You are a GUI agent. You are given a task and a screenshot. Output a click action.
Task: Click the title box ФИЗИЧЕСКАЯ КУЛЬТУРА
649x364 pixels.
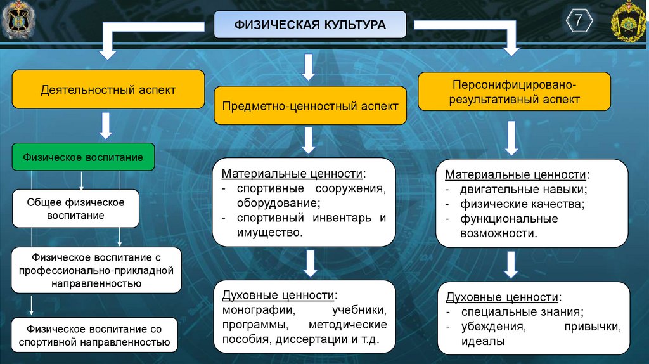(x=310, y=26)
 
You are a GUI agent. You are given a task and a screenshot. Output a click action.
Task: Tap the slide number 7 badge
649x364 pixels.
(x=579, y=22)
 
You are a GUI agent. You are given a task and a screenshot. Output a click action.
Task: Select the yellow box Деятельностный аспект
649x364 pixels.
(x=108, y=90)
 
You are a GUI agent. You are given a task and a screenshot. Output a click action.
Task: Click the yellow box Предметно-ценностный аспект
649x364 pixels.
(x=310, y=106)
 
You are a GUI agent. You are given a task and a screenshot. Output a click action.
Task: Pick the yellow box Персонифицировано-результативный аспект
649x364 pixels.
(x=514, y=92)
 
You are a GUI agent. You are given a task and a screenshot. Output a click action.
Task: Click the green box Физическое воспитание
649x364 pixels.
(x=83, y=157)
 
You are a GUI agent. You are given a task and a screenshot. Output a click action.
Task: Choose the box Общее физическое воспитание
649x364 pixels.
(x=75, y=209)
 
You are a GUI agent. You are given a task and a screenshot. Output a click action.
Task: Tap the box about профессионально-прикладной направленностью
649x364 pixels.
(x=96, y=270)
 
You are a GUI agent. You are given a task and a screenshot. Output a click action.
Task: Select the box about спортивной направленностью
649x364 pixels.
(x=94, y=335)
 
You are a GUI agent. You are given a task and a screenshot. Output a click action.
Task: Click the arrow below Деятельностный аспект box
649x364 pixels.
(x=106, y=126)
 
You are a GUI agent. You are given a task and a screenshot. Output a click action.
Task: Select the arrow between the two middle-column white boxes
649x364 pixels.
(x=309, y=263)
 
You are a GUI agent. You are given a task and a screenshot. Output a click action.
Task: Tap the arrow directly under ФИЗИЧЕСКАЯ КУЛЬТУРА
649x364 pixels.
(x=309, y=66)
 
